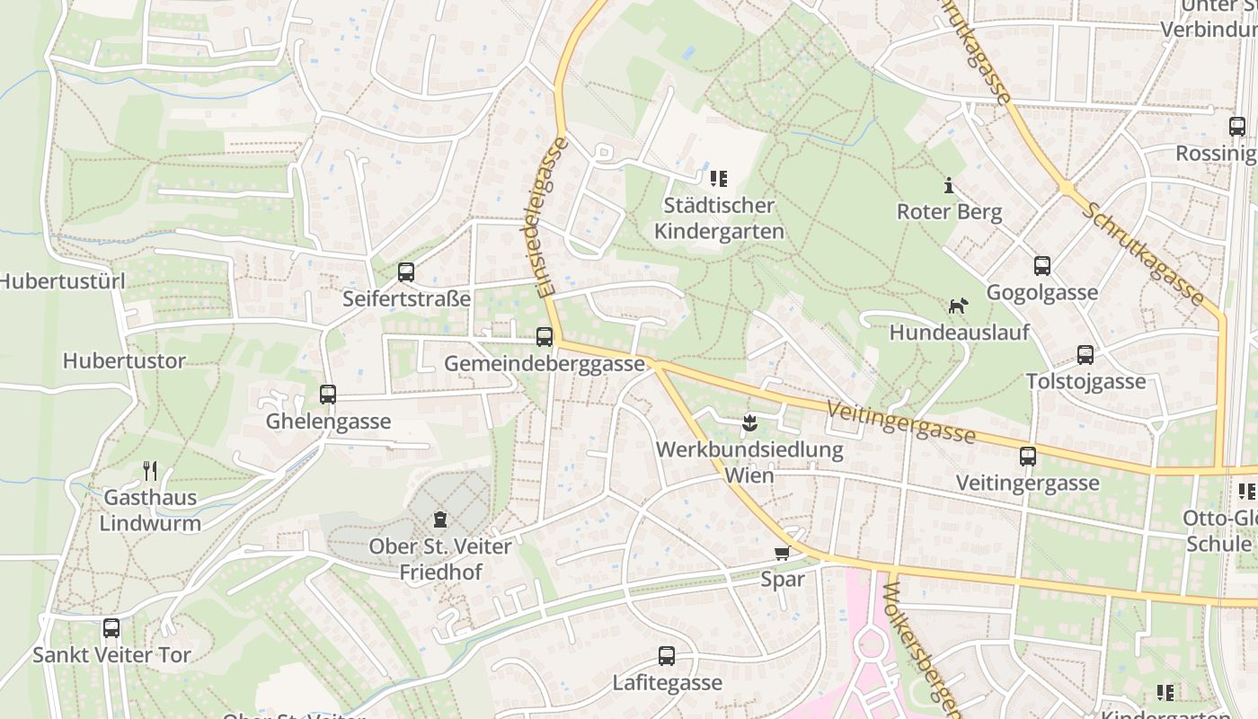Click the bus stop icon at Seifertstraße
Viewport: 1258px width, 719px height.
[406, 271]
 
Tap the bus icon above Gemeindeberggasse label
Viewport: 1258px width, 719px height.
[545, 337]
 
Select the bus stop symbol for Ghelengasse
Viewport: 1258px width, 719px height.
[328, 394]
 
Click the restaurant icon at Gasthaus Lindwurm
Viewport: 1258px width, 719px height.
[151, 470]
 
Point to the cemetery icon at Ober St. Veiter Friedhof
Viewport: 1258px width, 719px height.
[440, 519]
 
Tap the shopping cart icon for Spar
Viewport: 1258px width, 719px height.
[782, 553]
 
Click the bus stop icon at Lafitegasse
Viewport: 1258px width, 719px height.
[667, 656]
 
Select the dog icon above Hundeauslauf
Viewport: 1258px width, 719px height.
[959, 306]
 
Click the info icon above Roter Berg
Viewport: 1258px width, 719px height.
[949, 185]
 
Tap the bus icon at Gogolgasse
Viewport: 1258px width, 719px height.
[1042, 265]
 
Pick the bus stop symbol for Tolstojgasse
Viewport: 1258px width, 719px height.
[1085, 354]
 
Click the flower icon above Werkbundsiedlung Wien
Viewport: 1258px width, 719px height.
[749, 422]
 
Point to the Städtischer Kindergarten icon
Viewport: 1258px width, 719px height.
[719, 179]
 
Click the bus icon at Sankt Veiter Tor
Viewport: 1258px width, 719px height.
[111, 628]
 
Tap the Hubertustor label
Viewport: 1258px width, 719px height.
[124, 361]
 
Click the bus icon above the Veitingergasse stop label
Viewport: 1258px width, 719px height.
[1028, 457]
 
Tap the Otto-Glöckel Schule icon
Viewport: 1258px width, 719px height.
[1247, 491]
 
